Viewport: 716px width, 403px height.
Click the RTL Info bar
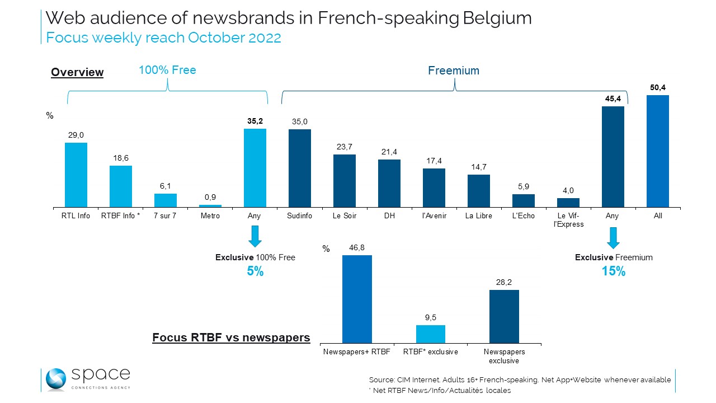[76, 175]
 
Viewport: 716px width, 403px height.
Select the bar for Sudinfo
[300, 168]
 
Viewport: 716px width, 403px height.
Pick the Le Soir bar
[345, 181]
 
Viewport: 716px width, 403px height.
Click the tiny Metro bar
[210, 206]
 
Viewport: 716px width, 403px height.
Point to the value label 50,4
[658, 87]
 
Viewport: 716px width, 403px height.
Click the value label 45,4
[613, 99]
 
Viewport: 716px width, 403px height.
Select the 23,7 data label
[345, 147]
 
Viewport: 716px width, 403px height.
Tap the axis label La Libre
[479, 216]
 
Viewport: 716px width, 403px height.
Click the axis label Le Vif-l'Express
[568, 220]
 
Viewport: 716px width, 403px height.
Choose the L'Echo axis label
[524, 216]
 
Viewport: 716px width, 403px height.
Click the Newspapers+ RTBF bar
[357, 299]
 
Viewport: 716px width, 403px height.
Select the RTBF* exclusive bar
[431, 334]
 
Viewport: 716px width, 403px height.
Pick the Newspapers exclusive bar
[504, 316]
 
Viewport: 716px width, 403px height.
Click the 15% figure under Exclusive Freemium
[614, 271]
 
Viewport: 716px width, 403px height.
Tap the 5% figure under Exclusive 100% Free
[255, 271]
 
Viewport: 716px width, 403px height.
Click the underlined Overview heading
[77, 72]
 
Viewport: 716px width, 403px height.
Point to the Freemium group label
[454, 71]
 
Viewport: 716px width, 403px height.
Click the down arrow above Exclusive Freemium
[614, 237]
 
